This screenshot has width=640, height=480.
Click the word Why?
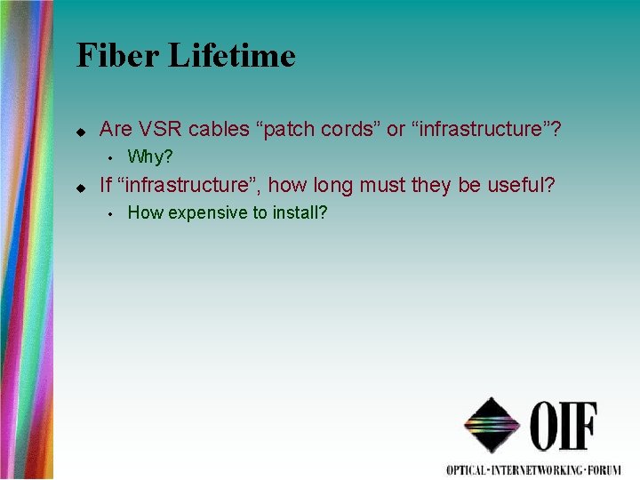click(150, 157)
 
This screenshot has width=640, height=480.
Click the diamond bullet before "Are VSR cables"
click(79, 131)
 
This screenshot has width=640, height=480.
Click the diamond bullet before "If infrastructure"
click(79, 187)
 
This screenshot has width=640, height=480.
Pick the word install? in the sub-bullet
click(296, 213)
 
